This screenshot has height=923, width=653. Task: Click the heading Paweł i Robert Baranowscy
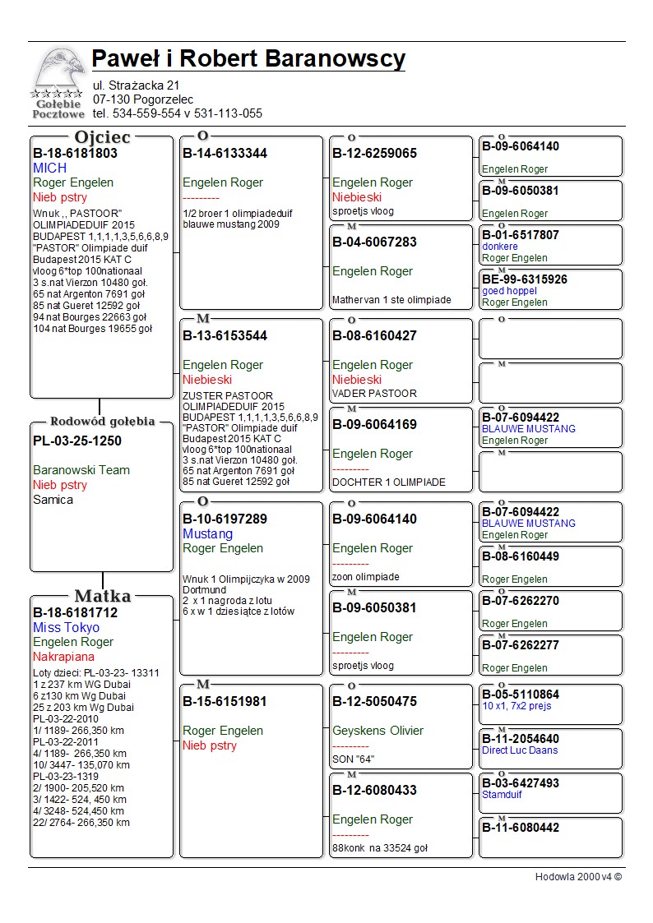tap(248, 59)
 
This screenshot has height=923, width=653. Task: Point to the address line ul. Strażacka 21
tap(136, 85)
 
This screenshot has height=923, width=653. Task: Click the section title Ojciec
tap(102, 137)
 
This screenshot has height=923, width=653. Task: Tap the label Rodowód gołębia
tap(102, 422)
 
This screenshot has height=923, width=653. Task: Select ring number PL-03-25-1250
tap(77, 441)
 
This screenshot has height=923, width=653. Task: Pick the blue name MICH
tap(50, 168)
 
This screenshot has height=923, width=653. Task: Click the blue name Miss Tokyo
tap(66, 628)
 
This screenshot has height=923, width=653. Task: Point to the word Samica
tap(53, 500)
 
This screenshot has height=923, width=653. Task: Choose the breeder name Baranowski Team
tap(81, 471)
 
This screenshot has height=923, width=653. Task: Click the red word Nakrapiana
tap(63, 658)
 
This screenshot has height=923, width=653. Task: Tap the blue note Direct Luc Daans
tap(520, 750)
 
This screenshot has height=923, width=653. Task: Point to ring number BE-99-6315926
tap(525, 279)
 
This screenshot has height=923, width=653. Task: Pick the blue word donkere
tap(500, 247)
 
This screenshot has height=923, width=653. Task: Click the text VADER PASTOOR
tap(374, 394)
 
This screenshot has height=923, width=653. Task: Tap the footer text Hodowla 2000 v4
tap(578, 877)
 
